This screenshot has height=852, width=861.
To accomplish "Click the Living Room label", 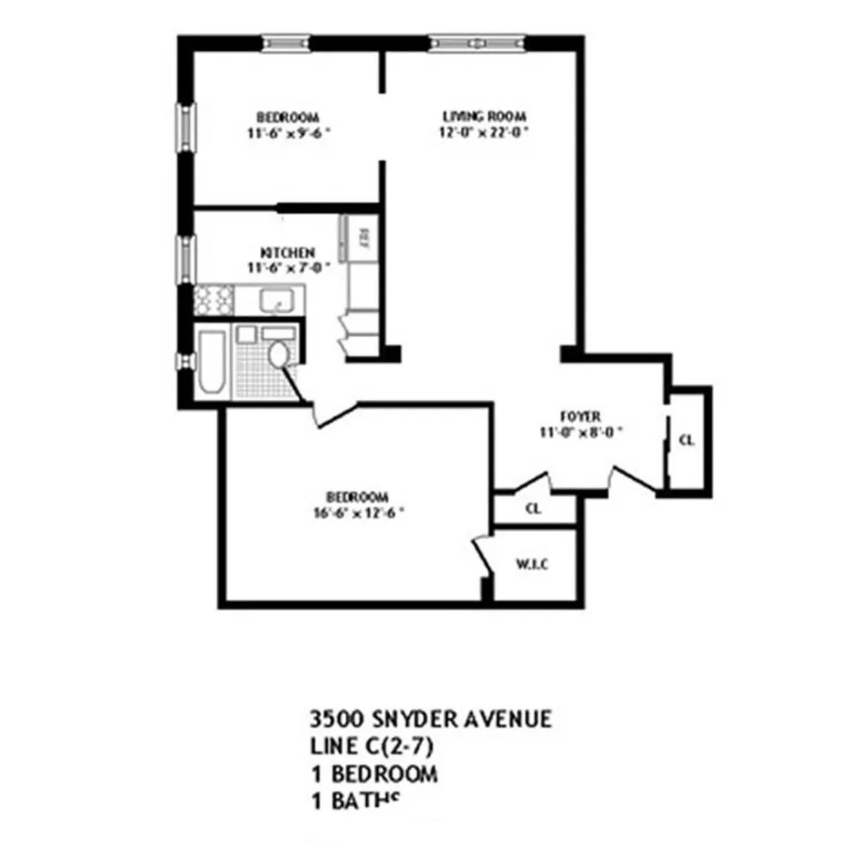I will tap(484, 116).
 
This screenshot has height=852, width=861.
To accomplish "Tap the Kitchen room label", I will tap(287, 253).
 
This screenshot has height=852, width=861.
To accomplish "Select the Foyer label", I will tap(580, 416).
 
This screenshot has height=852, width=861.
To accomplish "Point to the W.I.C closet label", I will tap(532, 565).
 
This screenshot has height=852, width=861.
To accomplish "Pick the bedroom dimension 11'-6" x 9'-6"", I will tap(288, 133).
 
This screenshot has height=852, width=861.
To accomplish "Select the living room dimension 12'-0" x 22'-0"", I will tap(484, 132).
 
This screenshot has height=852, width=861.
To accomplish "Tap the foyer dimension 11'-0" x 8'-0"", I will tap(581, 432).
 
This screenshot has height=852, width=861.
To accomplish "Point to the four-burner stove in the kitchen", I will tap(214, 301).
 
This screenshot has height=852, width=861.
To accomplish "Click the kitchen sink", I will tap(278, 301).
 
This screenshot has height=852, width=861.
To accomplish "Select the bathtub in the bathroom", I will tap(211, 361).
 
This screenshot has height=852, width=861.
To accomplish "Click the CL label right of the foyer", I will tap(687, 440).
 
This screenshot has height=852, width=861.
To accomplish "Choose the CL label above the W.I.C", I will tap(533, 509).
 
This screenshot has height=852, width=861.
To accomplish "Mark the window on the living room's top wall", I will tap(476, 43).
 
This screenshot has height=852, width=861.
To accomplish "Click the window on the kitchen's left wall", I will tap(185, 259).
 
